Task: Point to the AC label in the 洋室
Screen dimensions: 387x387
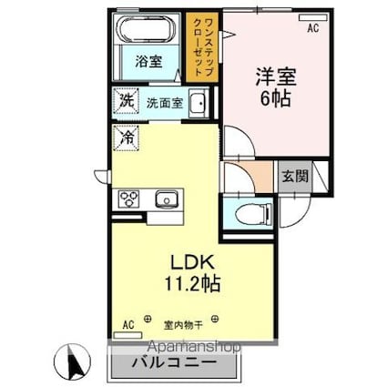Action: pyautogui.click(x=312, y=29)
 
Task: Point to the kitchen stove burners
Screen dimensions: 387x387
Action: pyautogui.click(x=126, y=199)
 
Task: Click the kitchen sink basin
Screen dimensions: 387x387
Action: pyautogui.click(x=165, y=199)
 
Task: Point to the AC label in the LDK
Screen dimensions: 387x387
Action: pyautogui.click(x=128, y=323)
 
